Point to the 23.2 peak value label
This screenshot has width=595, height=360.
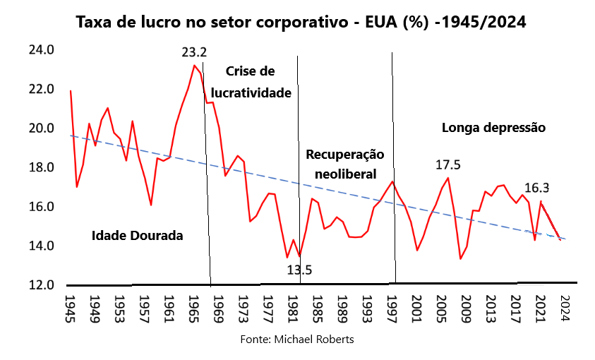click(x=194, y=52)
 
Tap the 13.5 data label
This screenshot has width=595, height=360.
click(x=299, y=270)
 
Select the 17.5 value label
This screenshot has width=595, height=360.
click(x=447, y=164)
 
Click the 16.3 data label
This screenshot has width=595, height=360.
click(x=537, y=188)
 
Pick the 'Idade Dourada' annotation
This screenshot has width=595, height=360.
click(x=138, y=236)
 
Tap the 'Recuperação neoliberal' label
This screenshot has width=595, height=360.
click(x=345, y=164)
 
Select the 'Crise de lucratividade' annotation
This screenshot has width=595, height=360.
click(x=251, y=82)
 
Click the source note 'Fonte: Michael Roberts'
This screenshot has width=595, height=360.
click(x=297, y=340)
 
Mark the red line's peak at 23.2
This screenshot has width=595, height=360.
click(x=194, y=65)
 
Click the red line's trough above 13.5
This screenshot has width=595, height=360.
click(x=299, y=256)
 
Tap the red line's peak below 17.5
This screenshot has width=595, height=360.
click(x=448, y=178)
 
